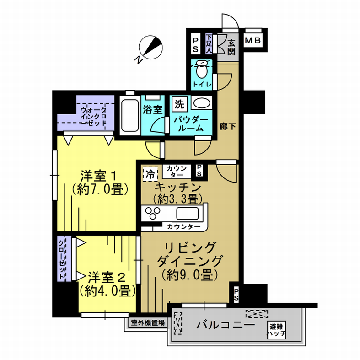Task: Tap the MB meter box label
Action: pyautogui.click(x=253, y=41)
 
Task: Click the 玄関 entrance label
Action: pyautogui.click(x=231, y=47)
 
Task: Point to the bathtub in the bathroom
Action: pyautogui.click(x=130, y=116)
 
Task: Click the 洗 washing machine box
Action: pyautogui.click(x=180, y=104)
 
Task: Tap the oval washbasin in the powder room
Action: pyautogui.click(x=202, y=103)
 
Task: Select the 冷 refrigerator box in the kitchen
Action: pyautogui.click(x=150, y=174)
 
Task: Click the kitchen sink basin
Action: pyautogui.click(x=188, y=214)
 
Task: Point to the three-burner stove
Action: pyautogui.click(x=152, y=213)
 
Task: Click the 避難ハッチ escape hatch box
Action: pyautogui.click(x=277, y=330)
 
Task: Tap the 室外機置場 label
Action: pyautogui.click(x=148, y=323)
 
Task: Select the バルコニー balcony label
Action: pyautogui.click(x=226, y=325)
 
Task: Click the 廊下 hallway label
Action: pyautogui.click(x=228, y=127)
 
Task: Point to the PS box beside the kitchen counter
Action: pyautogui.click(x=199, y=170)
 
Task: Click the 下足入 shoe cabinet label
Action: pyautogui.click(x=209, y=43)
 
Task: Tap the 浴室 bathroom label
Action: pyautogui.click(x=153, y=110)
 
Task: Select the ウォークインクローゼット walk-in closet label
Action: pyautogui.click(x=94, y=116)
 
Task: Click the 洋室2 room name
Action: pyautogui.click(x=107, y=278)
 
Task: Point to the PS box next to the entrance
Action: pyautogui.click(x=195, y=45)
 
